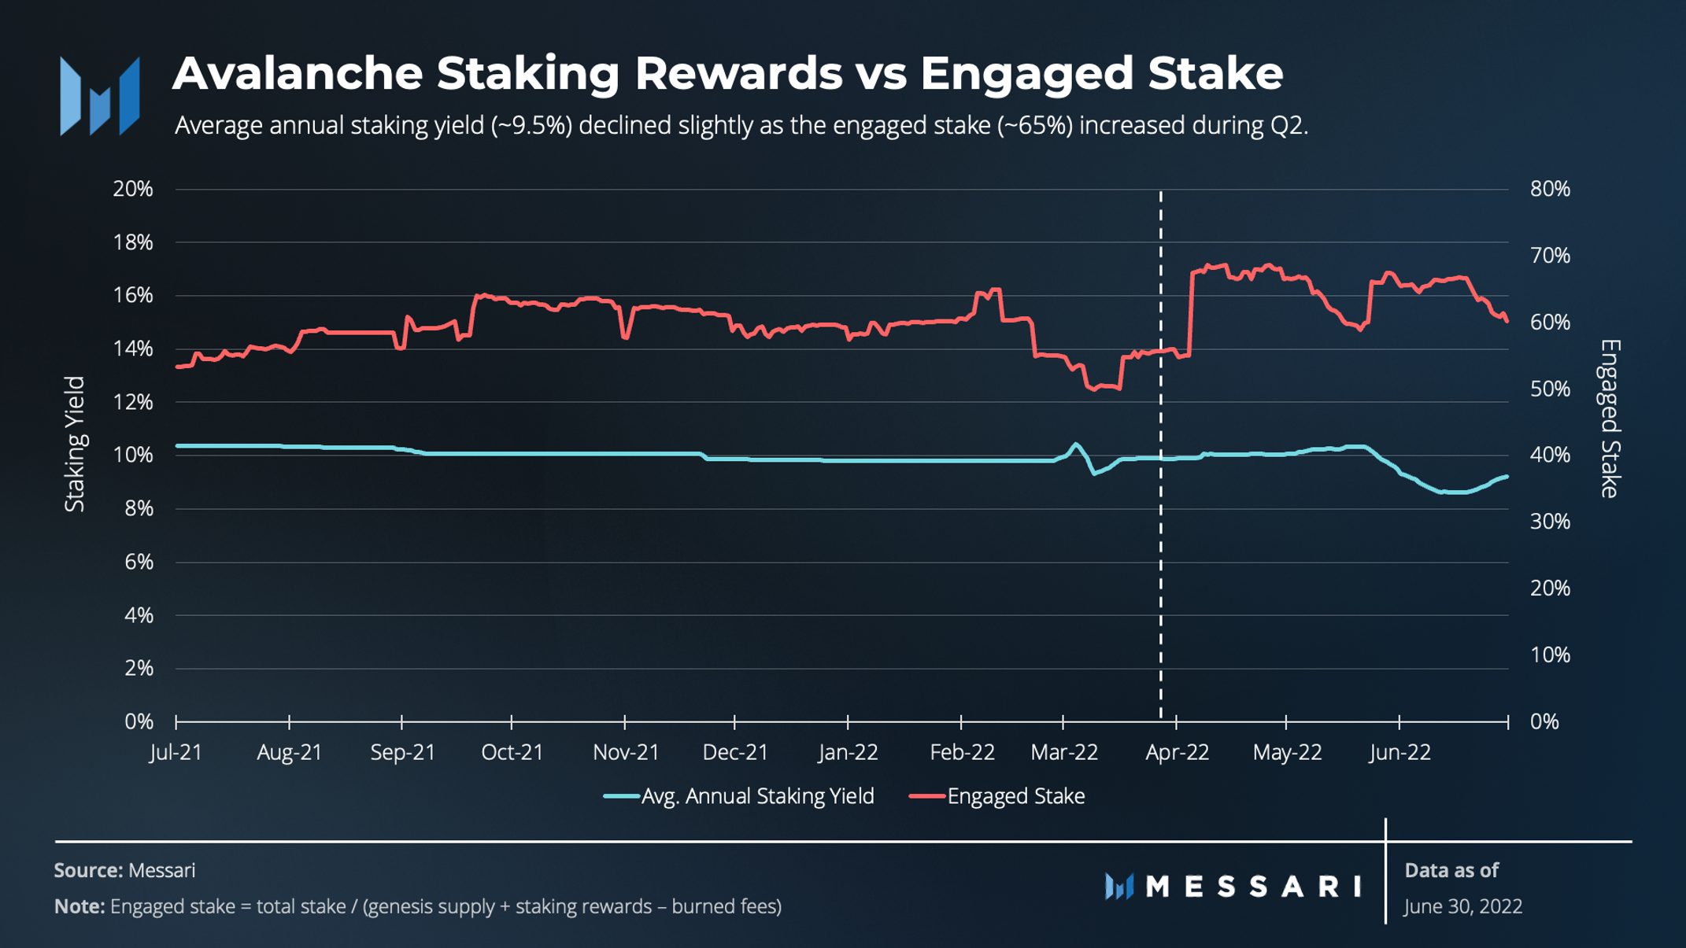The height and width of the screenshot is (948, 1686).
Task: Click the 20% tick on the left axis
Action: click(132, 189)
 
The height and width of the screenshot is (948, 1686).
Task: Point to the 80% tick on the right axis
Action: click(1549, 189)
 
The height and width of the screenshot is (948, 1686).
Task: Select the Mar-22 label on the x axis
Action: click(1063, 752)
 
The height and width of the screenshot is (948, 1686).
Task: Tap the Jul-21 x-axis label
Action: click(176, 752)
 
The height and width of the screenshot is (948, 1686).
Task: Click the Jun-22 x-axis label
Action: click(1399, 752)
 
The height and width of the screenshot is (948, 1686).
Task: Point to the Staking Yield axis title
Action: click(75, 444)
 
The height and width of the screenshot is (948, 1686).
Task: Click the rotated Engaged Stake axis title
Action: click(1610, 419)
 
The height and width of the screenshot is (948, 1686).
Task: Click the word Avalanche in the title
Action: click(298, 74)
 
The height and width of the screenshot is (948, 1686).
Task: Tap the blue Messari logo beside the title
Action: click(100, 96)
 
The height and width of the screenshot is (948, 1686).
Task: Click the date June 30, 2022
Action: click(1462, 906)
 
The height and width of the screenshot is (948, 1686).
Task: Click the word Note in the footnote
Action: click(79, 906)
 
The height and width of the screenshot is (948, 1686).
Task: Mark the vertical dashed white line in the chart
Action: click(1160, 551)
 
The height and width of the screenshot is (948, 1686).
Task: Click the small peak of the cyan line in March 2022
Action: click(1075, 444)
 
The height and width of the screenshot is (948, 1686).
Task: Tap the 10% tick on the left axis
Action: click(132, 455)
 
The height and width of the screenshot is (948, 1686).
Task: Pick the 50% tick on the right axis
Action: click(1549, 389)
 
